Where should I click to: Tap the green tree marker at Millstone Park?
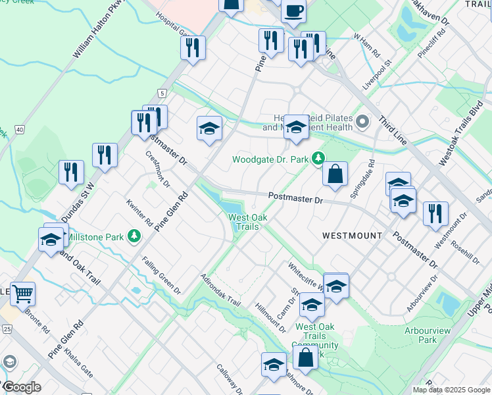134,235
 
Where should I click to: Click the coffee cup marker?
293,11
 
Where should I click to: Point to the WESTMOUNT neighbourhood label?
352,235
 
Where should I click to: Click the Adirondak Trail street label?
222,289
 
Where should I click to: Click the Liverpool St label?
377,74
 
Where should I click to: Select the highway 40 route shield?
20,130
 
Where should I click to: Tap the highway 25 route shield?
7,329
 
